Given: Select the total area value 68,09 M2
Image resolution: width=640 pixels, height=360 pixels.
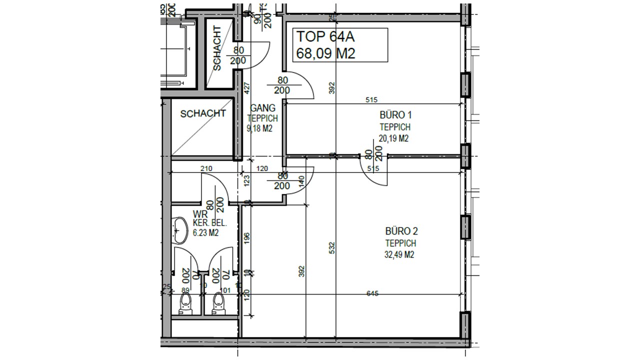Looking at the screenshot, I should coord(325,53).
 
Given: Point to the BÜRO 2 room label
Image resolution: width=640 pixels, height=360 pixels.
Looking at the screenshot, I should coord(401,231).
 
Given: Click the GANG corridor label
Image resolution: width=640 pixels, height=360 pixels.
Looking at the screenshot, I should coord(263,107).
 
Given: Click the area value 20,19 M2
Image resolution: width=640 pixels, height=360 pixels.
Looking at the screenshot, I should coord(393,138).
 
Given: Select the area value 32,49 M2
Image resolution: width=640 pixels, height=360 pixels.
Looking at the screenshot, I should coord(399,255).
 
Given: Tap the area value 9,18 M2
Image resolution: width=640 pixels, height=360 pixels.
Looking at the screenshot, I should coord(259,128).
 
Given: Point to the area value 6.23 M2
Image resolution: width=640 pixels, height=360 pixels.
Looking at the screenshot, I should coord(205,232).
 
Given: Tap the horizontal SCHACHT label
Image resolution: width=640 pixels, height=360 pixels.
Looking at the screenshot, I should coord(202,113).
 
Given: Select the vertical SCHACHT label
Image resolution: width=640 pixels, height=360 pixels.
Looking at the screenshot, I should coord(217,48).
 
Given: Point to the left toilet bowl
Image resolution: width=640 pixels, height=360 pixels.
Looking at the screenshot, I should coord(185,303).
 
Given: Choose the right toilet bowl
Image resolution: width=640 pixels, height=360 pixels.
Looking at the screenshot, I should coord(217,303).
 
